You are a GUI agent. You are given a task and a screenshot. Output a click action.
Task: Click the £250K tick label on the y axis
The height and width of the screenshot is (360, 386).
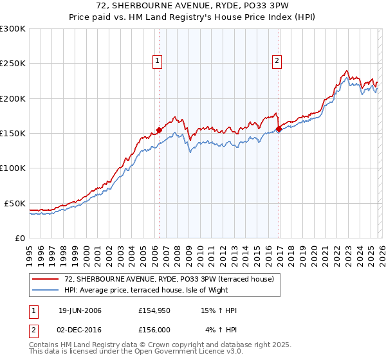click(13, 64)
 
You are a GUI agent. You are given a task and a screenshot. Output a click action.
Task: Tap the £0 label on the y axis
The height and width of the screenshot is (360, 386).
click(20, 238)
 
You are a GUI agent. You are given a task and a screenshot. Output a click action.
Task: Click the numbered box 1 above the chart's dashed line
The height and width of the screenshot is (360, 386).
click(158, 61)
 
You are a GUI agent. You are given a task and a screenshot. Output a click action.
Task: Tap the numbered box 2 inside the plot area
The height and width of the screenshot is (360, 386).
click(277, 61)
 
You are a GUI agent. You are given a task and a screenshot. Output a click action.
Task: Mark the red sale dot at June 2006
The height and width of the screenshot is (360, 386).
click(159, 130)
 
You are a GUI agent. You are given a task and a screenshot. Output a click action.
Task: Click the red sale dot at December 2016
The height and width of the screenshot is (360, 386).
click(279, 129)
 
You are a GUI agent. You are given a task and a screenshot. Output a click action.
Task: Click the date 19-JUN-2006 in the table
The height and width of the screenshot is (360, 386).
click(80, 310)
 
